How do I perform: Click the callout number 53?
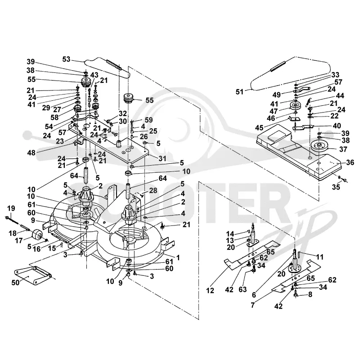pyautogui.click(x=66, y=59)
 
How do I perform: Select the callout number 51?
pyautogui.click(x=239, y=92)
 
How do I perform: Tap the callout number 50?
pyautogui.click(x=15, y=283)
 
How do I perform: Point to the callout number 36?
pyautogui.click(x=350, y=162)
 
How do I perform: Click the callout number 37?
pyautogui.click(x=343, y=149)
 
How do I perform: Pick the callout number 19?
pyautogui.click(x=11, y=208)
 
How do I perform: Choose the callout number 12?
pyautogui.click(x=210, y=290)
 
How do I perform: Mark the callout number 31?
pyautogui.click(x=162, y=158)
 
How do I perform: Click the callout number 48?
pyautogui.click(x=31, y=153)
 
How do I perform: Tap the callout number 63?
pyautogui.click(x=243, y=289)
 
